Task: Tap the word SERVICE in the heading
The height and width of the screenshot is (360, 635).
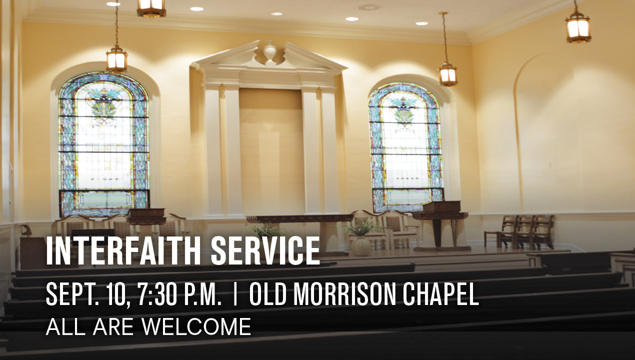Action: click(x=265, y=251)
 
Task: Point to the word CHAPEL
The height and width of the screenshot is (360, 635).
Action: click(x=441, y=294)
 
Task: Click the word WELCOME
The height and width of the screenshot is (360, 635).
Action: click(x=196, y=326)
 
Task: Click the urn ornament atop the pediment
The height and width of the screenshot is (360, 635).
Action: click(x=269, y=51)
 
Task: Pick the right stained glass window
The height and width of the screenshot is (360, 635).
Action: click(x=406, y=147)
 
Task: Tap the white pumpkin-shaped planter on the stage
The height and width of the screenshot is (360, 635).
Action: click(x=361, y=246)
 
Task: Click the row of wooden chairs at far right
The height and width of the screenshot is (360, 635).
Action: click(x=519, y=231)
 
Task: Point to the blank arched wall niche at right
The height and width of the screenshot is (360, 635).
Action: click(x=545, y=133)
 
